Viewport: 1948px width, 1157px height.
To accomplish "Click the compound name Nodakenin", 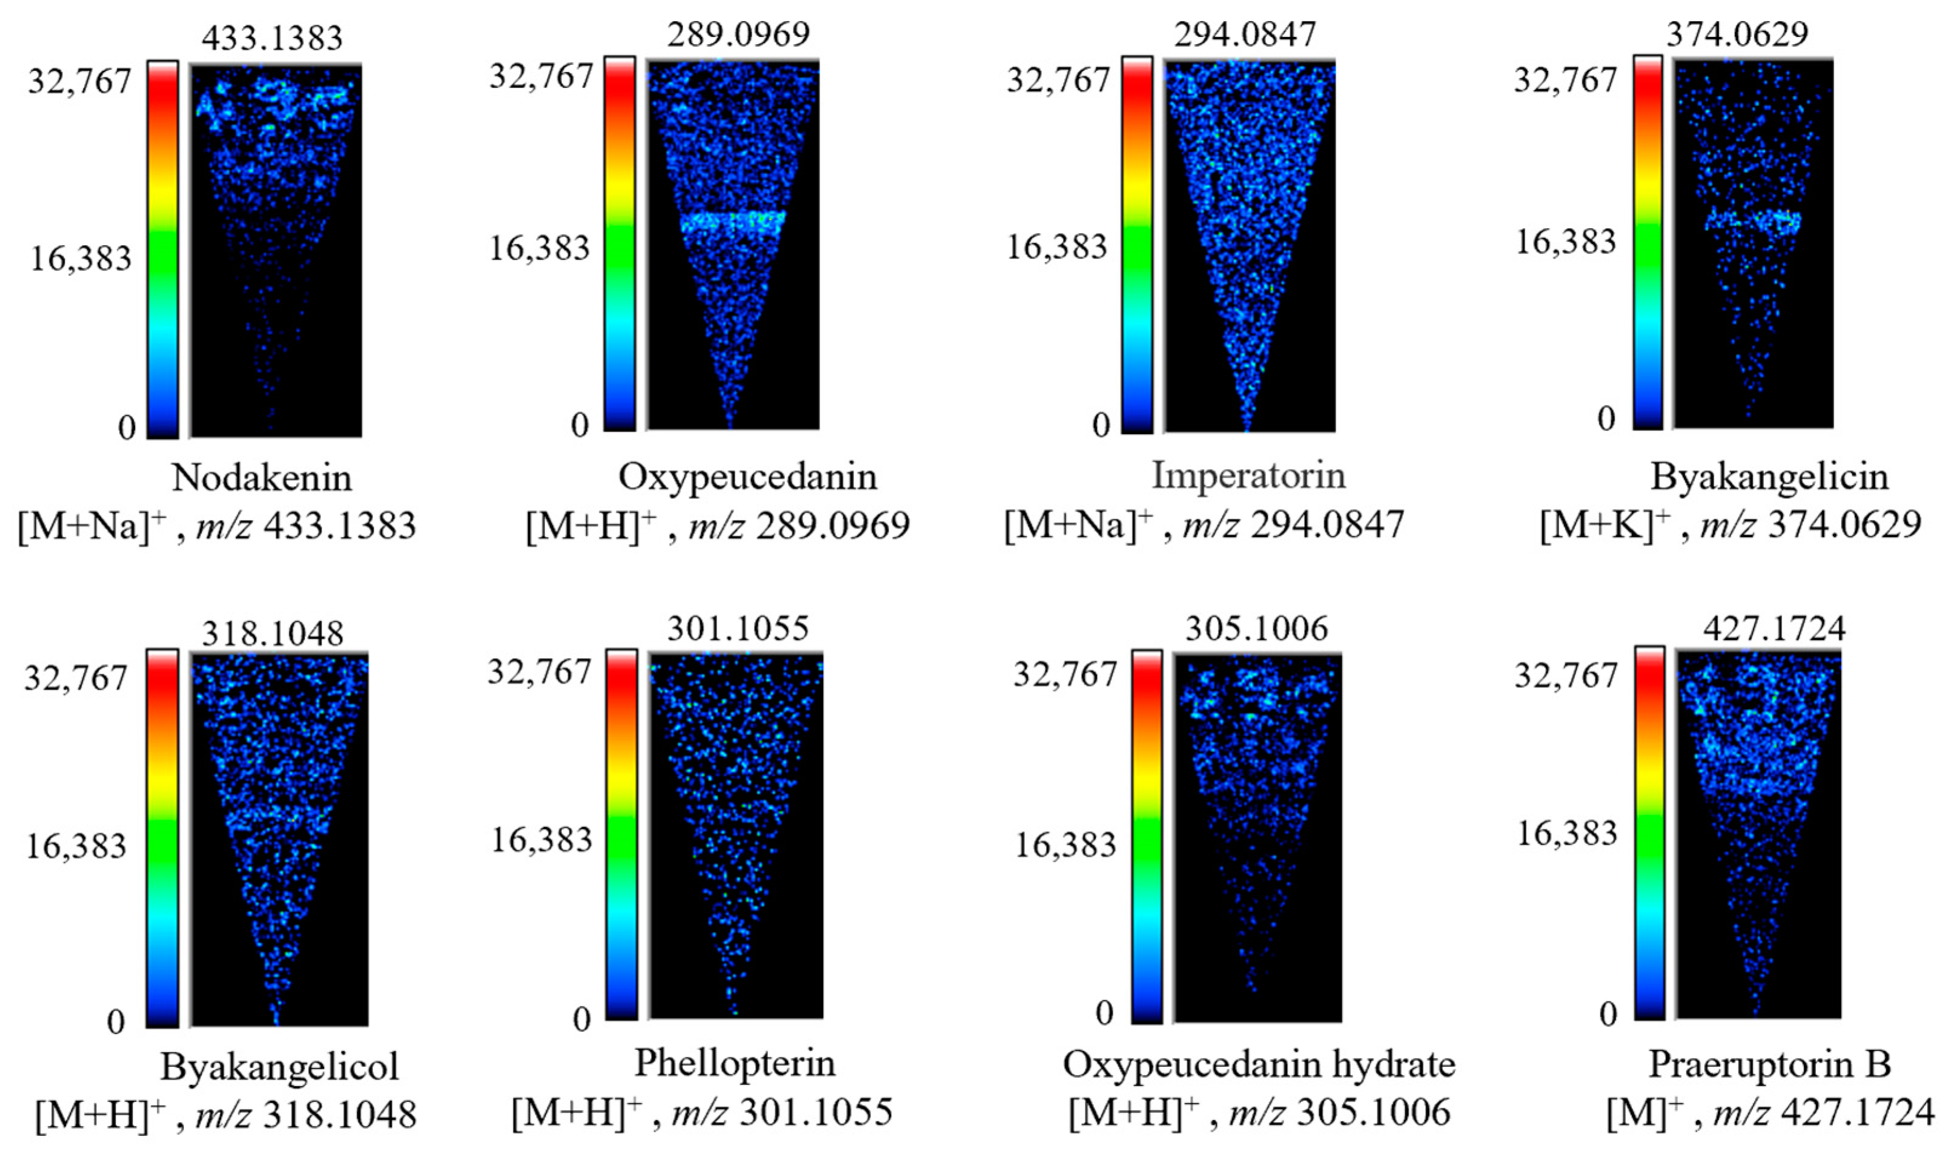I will pos(262,477).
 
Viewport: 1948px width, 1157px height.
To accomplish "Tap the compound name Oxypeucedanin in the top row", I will pos(747,476).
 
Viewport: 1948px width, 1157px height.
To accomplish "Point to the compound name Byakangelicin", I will pos(1769,476).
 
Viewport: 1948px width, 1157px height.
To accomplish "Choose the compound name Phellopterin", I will pos(735,1063).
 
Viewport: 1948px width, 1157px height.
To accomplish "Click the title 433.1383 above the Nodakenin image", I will pos(271,38).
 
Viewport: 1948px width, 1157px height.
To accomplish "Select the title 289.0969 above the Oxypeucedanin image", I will pos(738,33).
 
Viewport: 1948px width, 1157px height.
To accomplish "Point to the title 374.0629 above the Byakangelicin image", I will pos(1737,33).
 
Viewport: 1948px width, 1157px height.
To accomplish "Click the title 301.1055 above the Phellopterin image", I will pos(738,628).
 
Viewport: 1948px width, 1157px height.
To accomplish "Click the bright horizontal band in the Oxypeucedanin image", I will pos(732,223).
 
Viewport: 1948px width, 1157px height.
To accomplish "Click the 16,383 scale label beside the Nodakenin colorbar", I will pos(81,258).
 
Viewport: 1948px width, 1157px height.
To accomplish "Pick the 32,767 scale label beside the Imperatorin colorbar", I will pos(1058,79).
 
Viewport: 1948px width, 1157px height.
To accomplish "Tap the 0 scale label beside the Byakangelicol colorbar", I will pos(116,1021).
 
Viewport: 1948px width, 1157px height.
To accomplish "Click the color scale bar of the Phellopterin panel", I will pos(621,834).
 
